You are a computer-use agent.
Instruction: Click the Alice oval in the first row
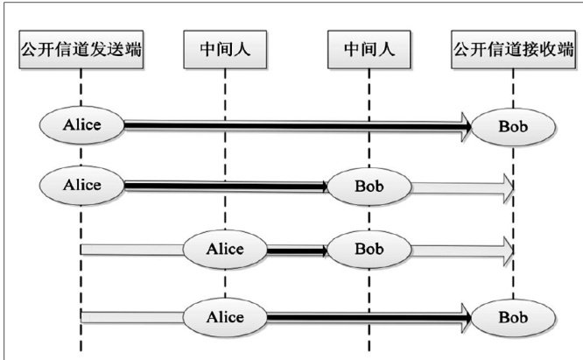[81, 125]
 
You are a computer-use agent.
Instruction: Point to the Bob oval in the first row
[513, 127]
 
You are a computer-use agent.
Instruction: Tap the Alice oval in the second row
[81, 185]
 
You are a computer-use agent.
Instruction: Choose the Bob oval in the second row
[369, 186]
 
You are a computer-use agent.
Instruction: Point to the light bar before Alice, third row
[131, 250]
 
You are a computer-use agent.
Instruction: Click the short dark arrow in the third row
[296, 250]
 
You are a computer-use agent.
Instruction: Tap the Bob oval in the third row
[369, 249]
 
